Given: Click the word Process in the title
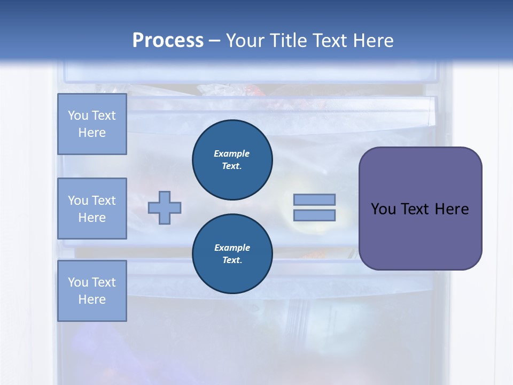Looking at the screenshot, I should click(168, 41).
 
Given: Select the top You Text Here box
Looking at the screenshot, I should click(92, 124).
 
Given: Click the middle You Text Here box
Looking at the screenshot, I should click(92, 209).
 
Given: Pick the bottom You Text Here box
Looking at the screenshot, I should click(92, 291).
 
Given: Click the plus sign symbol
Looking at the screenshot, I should click(165, 207).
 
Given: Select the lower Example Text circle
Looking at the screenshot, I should click(232, 253).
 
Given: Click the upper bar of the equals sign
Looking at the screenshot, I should click(314, 199).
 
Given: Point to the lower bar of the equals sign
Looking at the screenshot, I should click(314, 215).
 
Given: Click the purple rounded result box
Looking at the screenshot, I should click(420, 235).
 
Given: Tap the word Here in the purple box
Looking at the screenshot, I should click(452, 209).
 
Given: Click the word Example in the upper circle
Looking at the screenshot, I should click(232, 153).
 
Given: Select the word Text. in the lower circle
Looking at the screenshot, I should click(232, 260).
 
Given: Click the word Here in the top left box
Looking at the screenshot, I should click(92, 133).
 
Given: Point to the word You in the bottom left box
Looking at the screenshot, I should click(78, 282).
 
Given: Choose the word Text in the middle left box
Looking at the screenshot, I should click(103, 201).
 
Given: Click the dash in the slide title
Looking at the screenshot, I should click(214, 41).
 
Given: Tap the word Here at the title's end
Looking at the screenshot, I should click(374, 41).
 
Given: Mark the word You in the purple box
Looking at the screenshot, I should click(383, 209).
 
